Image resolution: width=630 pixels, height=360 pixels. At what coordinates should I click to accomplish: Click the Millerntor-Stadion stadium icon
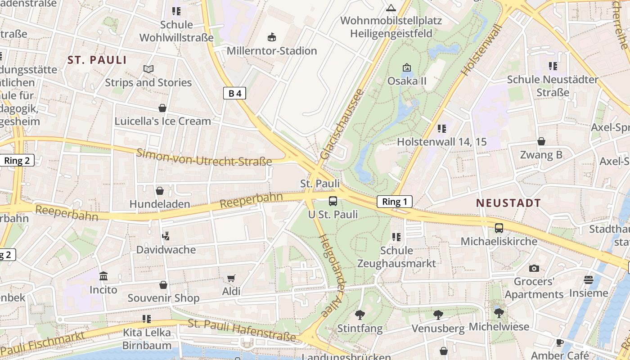[271, 37]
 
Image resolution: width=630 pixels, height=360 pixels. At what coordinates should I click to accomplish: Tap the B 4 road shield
[234, 93]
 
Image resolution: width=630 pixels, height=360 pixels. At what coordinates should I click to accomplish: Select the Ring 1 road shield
[394, 202]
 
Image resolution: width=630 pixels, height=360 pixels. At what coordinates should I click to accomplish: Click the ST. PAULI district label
[97, 60]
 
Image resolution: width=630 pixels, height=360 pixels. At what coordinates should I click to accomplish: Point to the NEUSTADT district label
[508, 203]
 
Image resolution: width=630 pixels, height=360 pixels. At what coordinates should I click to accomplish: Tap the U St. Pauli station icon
[333, 201]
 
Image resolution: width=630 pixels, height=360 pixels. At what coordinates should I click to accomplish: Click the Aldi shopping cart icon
[231, 278]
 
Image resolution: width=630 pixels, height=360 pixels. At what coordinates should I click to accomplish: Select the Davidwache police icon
[166, 236]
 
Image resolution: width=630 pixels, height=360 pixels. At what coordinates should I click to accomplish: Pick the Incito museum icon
[103, 276]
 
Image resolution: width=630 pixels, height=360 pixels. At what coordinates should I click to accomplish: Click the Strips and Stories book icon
[148, 69]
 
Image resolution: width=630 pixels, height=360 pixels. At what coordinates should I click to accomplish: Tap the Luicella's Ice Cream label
[162, 121]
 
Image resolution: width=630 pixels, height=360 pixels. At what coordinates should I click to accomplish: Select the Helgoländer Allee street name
[332, 275]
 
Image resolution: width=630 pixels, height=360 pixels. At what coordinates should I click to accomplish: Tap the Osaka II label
[407, 81]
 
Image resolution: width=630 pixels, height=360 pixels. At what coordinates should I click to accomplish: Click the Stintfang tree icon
[360, 315]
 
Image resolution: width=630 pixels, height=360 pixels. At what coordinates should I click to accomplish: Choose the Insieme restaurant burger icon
[588, 280]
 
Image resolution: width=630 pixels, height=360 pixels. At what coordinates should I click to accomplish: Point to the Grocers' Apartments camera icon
[534, 268]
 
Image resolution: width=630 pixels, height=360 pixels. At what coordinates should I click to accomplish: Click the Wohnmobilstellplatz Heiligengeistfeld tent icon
[391, 8]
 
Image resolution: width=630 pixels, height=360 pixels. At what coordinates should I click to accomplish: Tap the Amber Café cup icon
[559, 342]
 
